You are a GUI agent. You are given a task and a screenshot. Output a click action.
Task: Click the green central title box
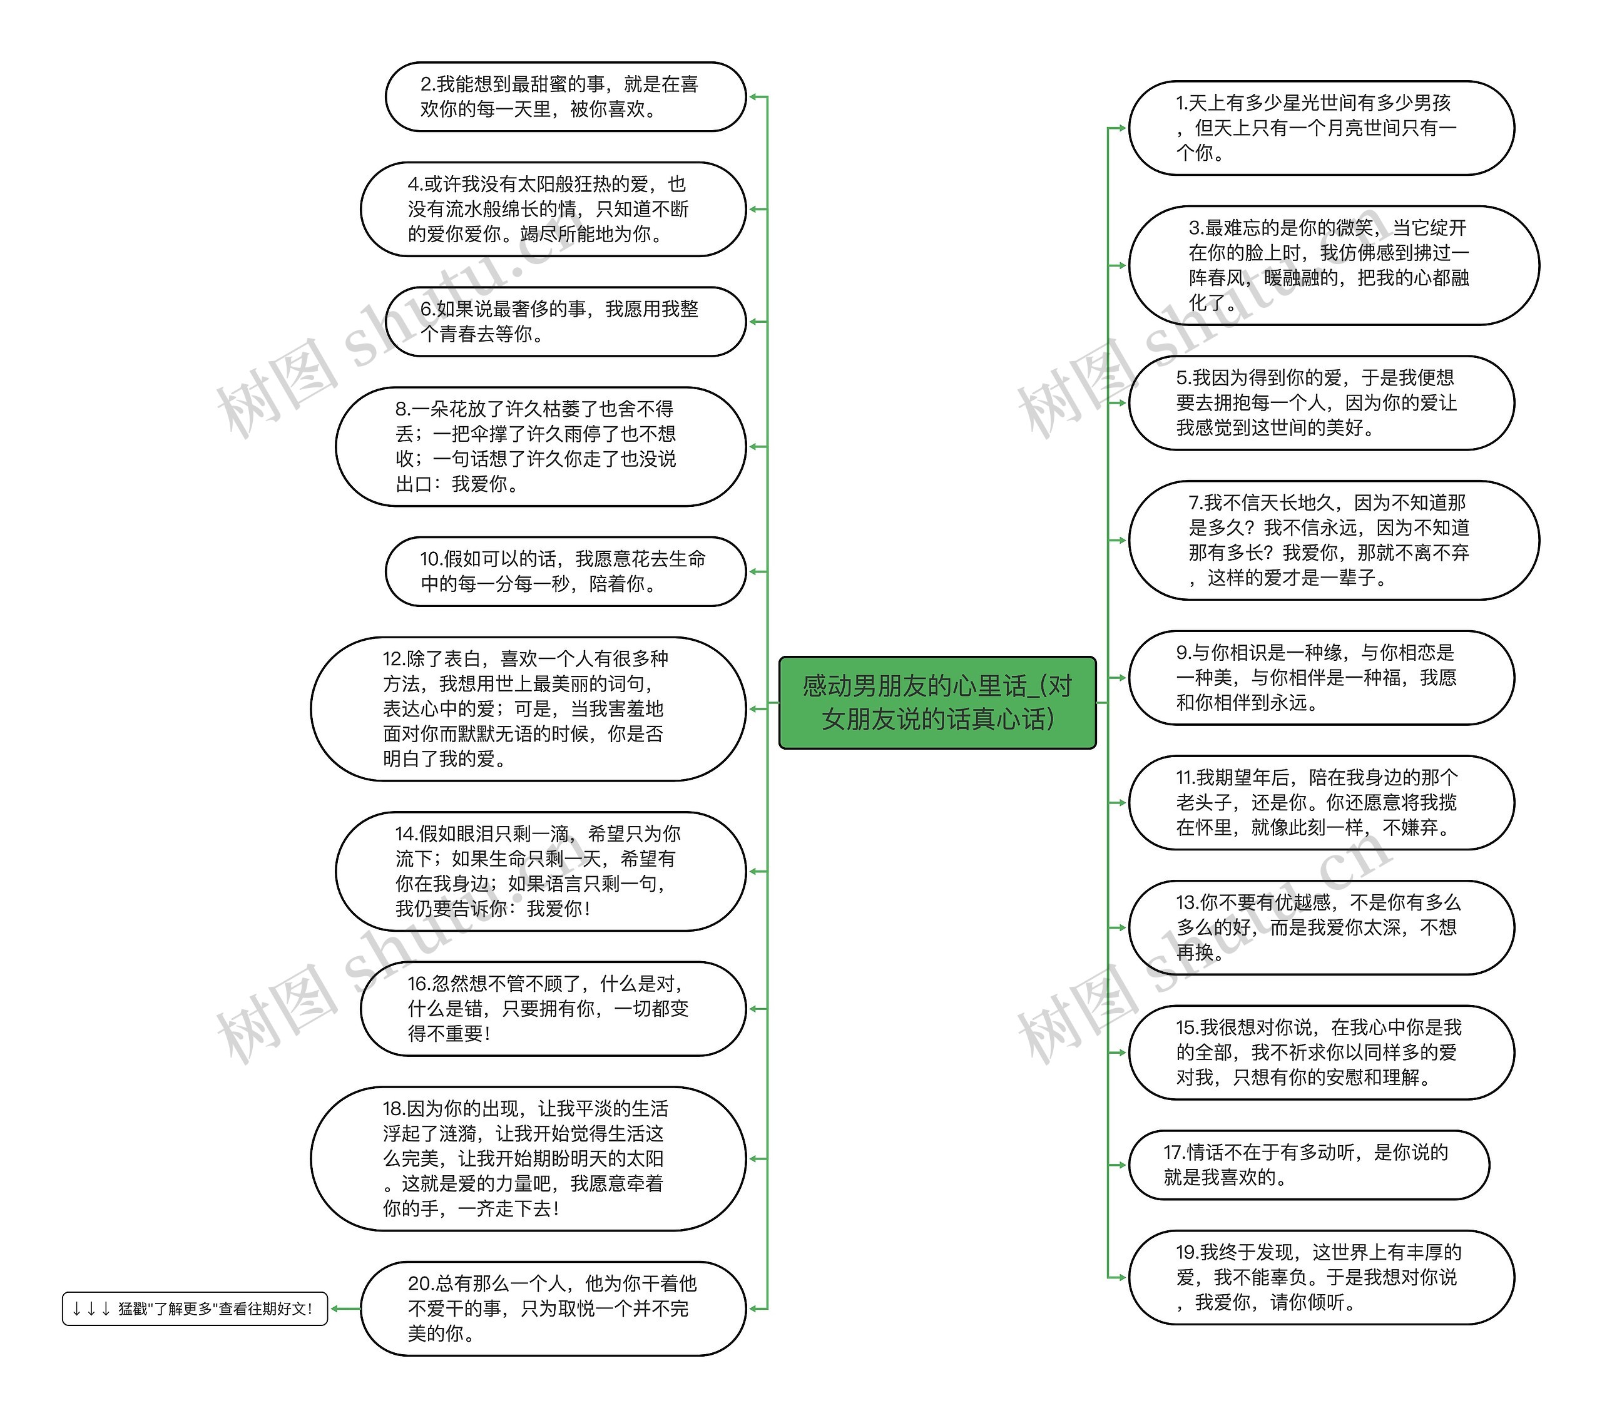937,702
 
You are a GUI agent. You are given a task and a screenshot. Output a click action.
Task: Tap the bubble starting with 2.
564,96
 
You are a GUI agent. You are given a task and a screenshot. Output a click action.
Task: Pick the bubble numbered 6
564,322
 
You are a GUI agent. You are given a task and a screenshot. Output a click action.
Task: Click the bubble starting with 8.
541,446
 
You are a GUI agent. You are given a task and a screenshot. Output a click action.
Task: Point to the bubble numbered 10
564,571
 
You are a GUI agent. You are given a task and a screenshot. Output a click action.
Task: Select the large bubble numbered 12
528,708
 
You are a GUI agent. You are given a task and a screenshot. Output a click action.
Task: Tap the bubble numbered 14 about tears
541,871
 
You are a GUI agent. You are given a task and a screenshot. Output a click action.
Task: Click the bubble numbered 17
1307,1164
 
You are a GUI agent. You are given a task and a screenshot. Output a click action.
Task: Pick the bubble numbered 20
553,1308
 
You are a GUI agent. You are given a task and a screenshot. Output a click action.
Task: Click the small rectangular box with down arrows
195,1308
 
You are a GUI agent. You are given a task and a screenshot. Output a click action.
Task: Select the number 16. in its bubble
418,984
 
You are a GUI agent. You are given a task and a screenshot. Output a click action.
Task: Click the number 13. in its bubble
1186,903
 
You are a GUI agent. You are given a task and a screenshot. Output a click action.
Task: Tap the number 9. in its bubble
1183,653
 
